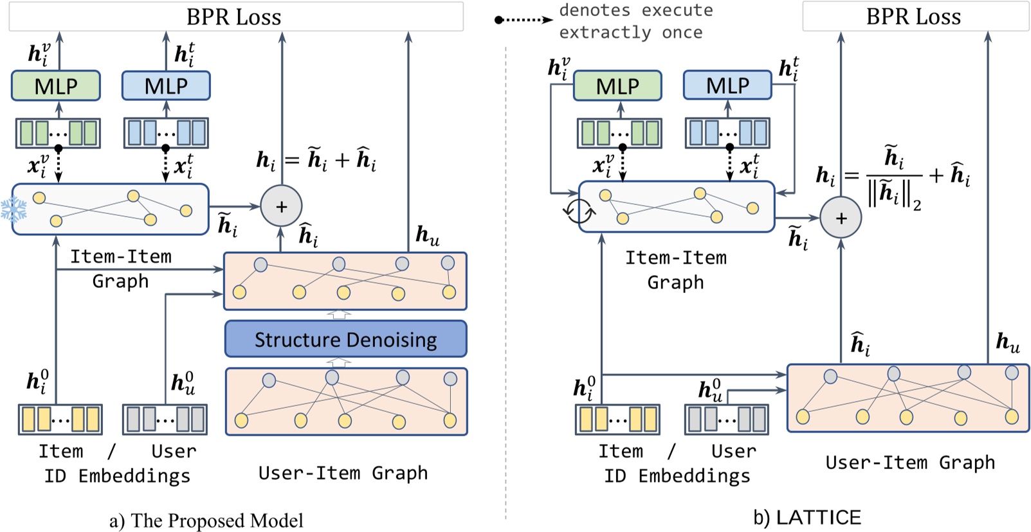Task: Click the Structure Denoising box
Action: pos(345,339)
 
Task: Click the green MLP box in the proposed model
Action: pos(56,85)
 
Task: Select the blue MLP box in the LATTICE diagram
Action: pos(727,85)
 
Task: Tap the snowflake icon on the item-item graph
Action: pos(14,209)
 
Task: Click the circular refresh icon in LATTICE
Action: pos(578,210)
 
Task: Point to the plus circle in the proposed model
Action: pos(281,206)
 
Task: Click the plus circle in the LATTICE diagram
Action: pos(841,218)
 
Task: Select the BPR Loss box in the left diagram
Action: pos(235,17)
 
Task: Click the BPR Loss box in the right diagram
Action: pos(915,17)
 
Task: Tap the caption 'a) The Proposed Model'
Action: pos(206,520)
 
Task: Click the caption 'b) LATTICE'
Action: pos(807,517)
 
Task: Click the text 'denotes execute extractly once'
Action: pos(635,21)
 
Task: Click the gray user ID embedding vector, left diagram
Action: pos(165,420)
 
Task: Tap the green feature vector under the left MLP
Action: pos(58,133)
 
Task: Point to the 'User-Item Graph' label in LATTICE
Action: pos(909,463)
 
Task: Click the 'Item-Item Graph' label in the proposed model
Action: pos(120,269)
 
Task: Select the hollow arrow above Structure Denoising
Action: pos(340,314)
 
